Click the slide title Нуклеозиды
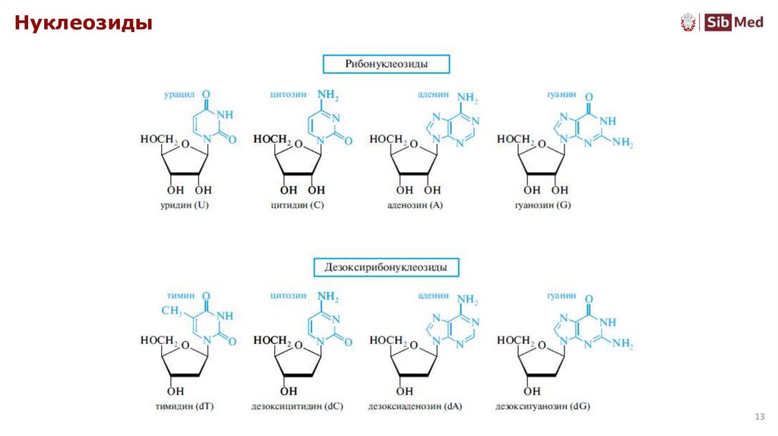[x=84, y=24]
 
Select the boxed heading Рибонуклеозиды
[x=386, y=64]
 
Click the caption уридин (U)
[x=181, y=206]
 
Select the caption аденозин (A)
[x=415, y=206]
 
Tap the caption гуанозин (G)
[x=542, y=206]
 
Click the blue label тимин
[x=181, y=295]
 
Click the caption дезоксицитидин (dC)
[x=297, y=406]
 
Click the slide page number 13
[x=758, y=416]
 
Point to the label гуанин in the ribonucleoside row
[x=561, y=95]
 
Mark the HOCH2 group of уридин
[x=159, y=140]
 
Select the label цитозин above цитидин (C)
[x=288, y=95]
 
